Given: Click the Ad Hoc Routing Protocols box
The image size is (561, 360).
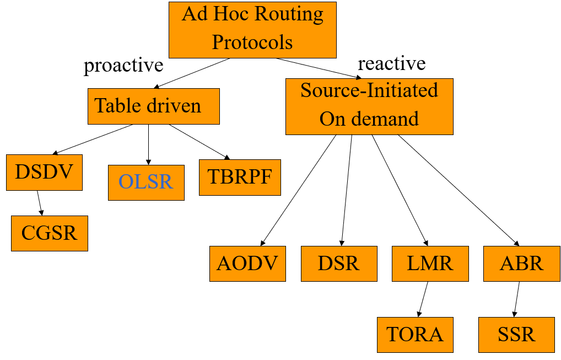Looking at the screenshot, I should click(252, 30).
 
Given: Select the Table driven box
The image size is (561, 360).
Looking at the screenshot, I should click(153, 106).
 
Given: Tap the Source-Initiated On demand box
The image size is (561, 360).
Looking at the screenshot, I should click(369, 106).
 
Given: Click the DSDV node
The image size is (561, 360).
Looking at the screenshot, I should click(44, 173).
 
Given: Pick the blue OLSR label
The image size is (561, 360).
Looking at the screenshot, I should click(146, 181).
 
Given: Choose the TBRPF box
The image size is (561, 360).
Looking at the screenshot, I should click(240, 177).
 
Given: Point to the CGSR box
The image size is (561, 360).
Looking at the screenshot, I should click(49, 233).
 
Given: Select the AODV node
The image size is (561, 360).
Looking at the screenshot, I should click(247, 264).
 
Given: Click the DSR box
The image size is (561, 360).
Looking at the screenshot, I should click(339, 264).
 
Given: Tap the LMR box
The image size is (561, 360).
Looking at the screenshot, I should click(430, 264).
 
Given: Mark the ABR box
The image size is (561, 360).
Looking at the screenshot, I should click(521, 264).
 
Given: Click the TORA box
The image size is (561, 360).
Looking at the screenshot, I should click(415, 335).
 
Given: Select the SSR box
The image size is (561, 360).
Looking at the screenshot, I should click(516, 335).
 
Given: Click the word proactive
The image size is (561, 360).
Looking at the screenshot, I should click(123, 65).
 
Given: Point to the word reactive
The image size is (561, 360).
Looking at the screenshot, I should click(391, 63).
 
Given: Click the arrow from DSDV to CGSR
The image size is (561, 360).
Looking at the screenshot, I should click(40, 203).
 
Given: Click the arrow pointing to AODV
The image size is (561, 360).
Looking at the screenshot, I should click(299, 190).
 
